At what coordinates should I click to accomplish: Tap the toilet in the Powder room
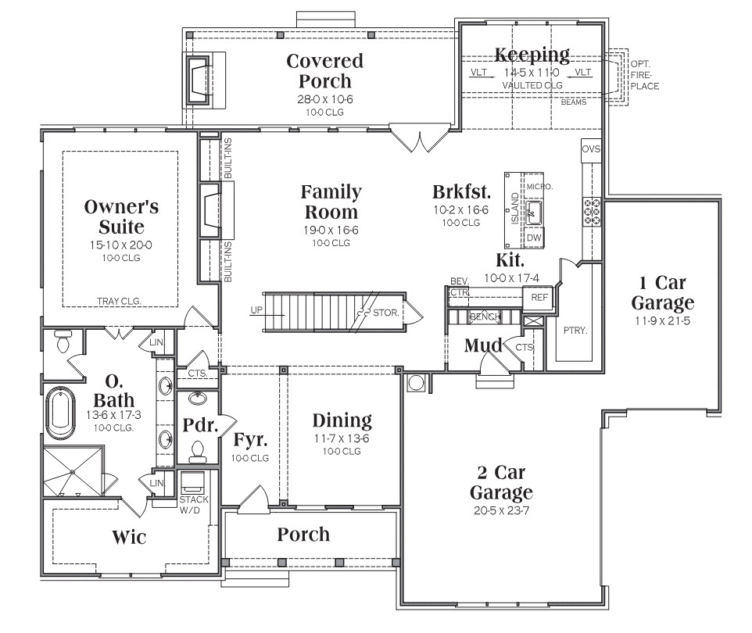click(198, 452)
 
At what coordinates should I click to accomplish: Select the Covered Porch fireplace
click(198, 80)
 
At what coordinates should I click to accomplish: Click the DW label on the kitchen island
click(534, 238)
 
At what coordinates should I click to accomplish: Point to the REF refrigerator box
click(539, 298)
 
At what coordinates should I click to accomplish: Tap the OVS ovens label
click(591, 149)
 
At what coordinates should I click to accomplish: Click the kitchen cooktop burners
click(592, 212)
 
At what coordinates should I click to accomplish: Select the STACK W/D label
click(194, 505)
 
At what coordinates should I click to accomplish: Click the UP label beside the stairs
click(256, 310)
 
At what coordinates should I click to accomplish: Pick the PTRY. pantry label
click(575, 331)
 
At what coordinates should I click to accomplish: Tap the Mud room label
click(483, 345)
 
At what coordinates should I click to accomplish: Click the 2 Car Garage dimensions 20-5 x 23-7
click(501, 511)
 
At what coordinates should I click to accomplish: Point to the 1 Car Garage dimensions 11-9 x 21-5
click(662, 321)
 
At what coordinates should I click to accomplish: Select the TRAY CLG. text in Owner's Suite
click(119, 301)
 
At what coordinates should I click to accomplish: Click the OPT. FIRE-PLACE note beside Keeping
click(645, 75)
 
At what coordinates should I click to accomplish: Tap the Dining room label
click(342, 420)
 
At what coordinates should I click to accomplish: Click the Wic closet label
click(129, 537)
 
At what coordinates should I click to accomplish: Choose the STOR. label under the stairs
click(386, 313)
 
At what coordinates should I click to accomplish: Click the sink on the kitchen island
click(533, 212)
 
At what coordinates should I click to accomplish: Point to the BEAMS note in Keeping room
click(574, 102)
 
